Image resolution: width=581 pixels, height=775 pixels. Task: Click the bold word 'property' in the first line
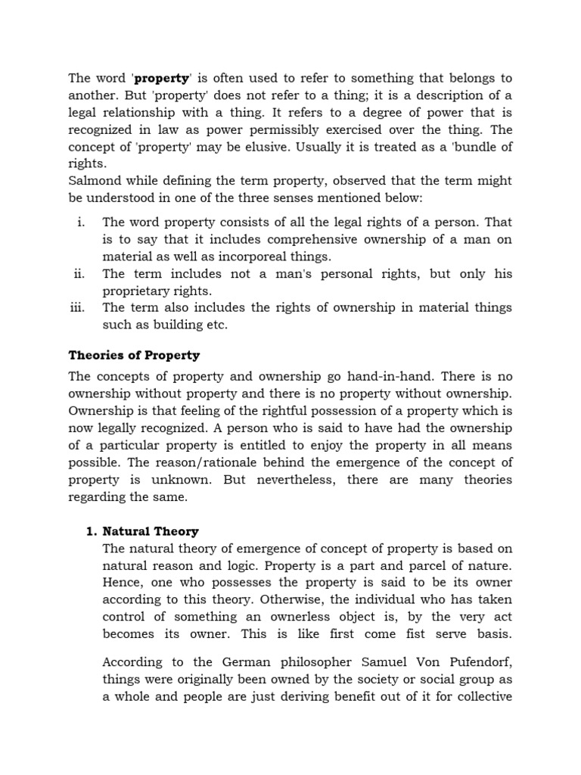(x=161, y=78)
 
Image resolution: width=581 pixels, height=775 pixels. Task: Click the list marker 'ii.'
(x=79, y=274)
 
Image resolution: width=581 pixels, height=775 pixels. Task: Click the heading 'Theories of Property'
(x=134, y=355)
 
